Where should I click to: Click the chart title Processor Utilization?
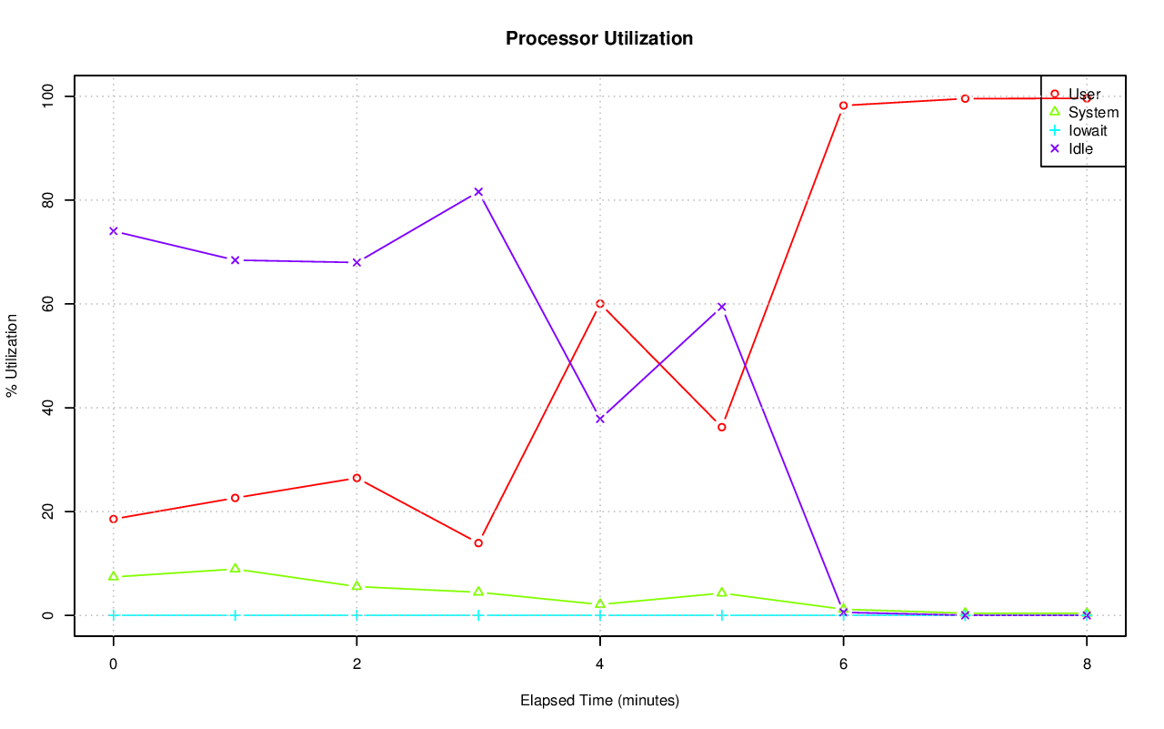pyautogui.click(x=599, y=38)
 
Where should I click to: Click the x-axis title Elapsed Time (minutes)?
pyautogui.click(x=599, y=701)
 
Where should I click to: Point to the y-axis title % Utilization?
pyautogui.click(x=13, y=355)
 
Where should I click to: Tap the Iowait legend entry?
pyautogui.click(x=1087, y=130)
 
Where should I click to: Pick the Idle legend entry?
pyautogui.click(x=1080, y=148)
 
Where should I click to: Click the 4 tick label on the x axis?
pyautogui.click(x=599, y=664)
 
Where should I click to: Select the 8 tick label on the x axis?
pyautogui.click(x=1086, y=664)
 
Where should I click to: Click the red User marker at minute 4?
pyautogui.click(x=600, y=304)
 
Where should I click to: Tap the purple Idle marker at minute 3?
pyautogui.click(x=478, y=192)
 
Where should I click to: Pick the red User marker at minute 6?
pyautogui.click(x=843, y=106)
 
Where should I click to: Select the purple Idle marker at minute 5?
pyautogui.click(x=721, y=307)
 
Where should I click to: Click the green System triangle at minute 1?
pyautogui.click(x=235, y=568)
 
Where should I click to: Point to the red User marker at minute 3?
pyautogui.click(x=478, y=543)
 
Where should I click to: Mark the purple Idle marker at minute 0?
pyautogui.click(x=114, y=231)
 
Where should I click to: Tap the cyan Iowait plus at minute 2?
pyautogui.click(x=356, y=615)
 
